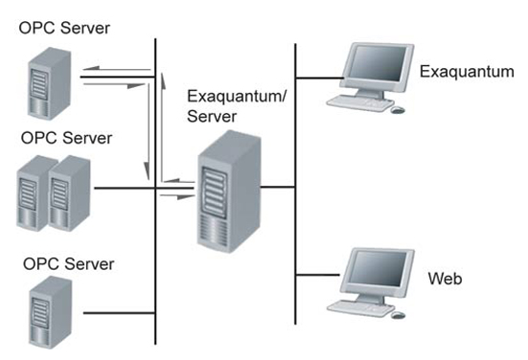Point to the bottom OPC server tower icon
click(41, 311)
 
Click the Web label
click(445, 279)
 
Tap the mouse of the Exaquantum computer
click(398, 109)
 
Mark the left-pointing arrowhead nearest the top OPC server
click(86, 70)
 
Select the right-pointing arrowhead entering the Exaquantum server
click(191, 194)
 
